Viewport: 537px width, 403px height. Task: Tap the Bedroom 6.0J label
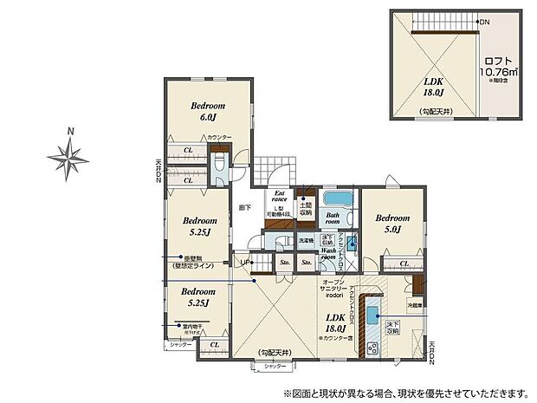click(x=208, y=111)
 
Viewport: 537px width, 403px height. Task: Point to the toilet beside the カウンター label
click(x=218, y=164)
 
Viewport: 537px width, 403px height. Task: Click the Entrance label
click(x=280, y=198)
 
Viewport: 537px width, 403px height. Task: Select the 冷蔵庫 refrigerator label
click(x=415, y=305)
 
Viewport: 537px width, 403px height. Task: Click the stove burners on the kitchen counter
click(x=374, y=348)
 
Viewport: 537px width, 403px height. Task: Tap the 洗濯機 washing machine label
click(x=307, y=240)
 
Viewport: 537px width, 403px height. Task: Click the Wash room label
click(x=329, y=253)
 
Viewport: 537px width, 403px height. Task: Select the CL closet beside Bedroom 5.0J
click(x=404, y=263)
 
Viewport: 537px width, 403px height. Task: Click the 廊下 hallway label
click(x=245, y=209)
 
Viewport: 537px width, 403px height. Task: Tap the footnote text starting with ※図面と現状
click(x=389, y=390)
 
